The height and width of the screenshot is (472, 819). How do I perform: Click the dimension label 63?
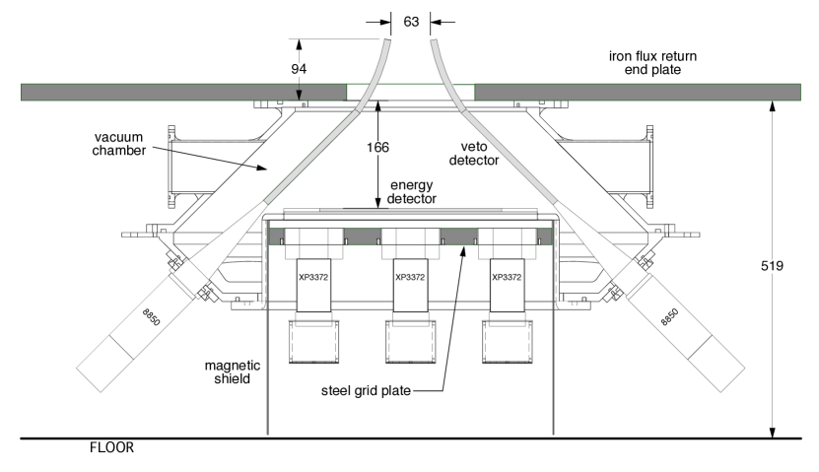(411, 21)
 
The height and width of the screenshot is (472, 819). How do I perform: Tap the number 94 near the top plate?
(299, 69)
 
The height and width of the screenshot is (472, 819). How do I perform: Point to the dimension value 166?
(377, 148)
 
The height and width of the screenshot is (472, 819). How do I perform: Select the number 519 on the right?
(772, 266)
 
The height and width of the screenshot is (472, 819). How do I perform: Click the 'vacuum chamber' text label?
(120, 143)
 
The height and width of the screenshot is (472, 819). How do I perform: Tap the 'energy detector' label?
(411, 192)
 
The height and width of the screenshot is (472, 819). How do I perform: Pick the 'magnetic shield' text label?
(234, 371)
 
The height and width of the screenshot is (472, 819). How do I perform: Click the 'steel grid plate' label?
(366, 391)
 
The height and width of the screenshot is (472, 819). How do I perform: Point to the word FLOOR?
(111, 447)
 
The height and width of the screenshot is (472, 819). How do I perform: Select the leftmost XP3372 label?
(313, 277)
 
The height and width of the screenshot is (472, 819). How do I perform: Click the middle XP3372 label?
(409, 277)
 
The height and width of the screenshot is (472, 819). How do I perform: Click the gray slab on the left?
(183, 92)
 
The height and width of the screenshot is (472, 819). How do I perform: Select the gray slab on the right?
(637, 92)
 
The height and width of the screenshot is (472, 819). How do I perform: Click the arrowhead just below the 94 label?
(299, 96)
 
